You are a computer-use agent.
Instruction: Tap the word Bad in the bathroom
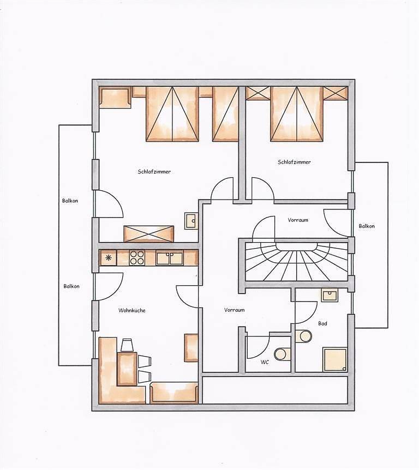coord(322,323)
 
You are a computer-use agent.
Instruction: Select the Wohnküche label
coord(132,310)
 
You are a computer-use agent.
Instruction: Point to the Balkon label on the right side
coord(367,226)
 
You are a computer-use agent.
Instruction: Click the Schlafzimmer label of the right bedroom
coord(294,162)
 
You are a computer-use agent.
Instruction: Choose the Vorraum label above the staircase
coord(298,220)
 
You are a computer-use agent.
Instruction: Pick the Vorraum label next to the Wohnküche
coord(234,310)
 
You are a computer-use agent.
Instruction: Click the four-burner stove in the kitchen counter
coord(137,257)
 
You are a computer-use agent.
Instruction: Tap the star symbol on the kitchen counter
coord(108,257)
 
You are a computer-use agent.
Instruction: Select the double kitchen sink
coord(169,258)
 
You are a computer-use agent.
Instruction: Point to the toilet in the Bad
coord(303,335)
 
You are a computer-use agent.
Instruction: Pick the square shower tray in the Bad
coord(334,359)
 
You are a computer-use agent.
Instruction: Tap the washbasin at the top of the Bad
coord(329,296)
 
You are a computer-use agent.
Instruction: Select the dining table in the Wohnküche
coord(127,368)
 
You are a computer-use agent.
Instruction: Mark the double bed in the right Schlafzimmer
coord(297,114)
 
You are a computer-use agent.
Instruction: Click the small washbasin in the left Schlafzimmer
coord(191,220)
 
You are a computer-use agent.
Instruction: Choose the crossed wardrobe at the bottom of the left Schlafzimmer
coord(148,233)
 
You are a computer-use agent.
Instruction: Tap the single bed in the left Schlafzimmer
coord(224,114)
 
